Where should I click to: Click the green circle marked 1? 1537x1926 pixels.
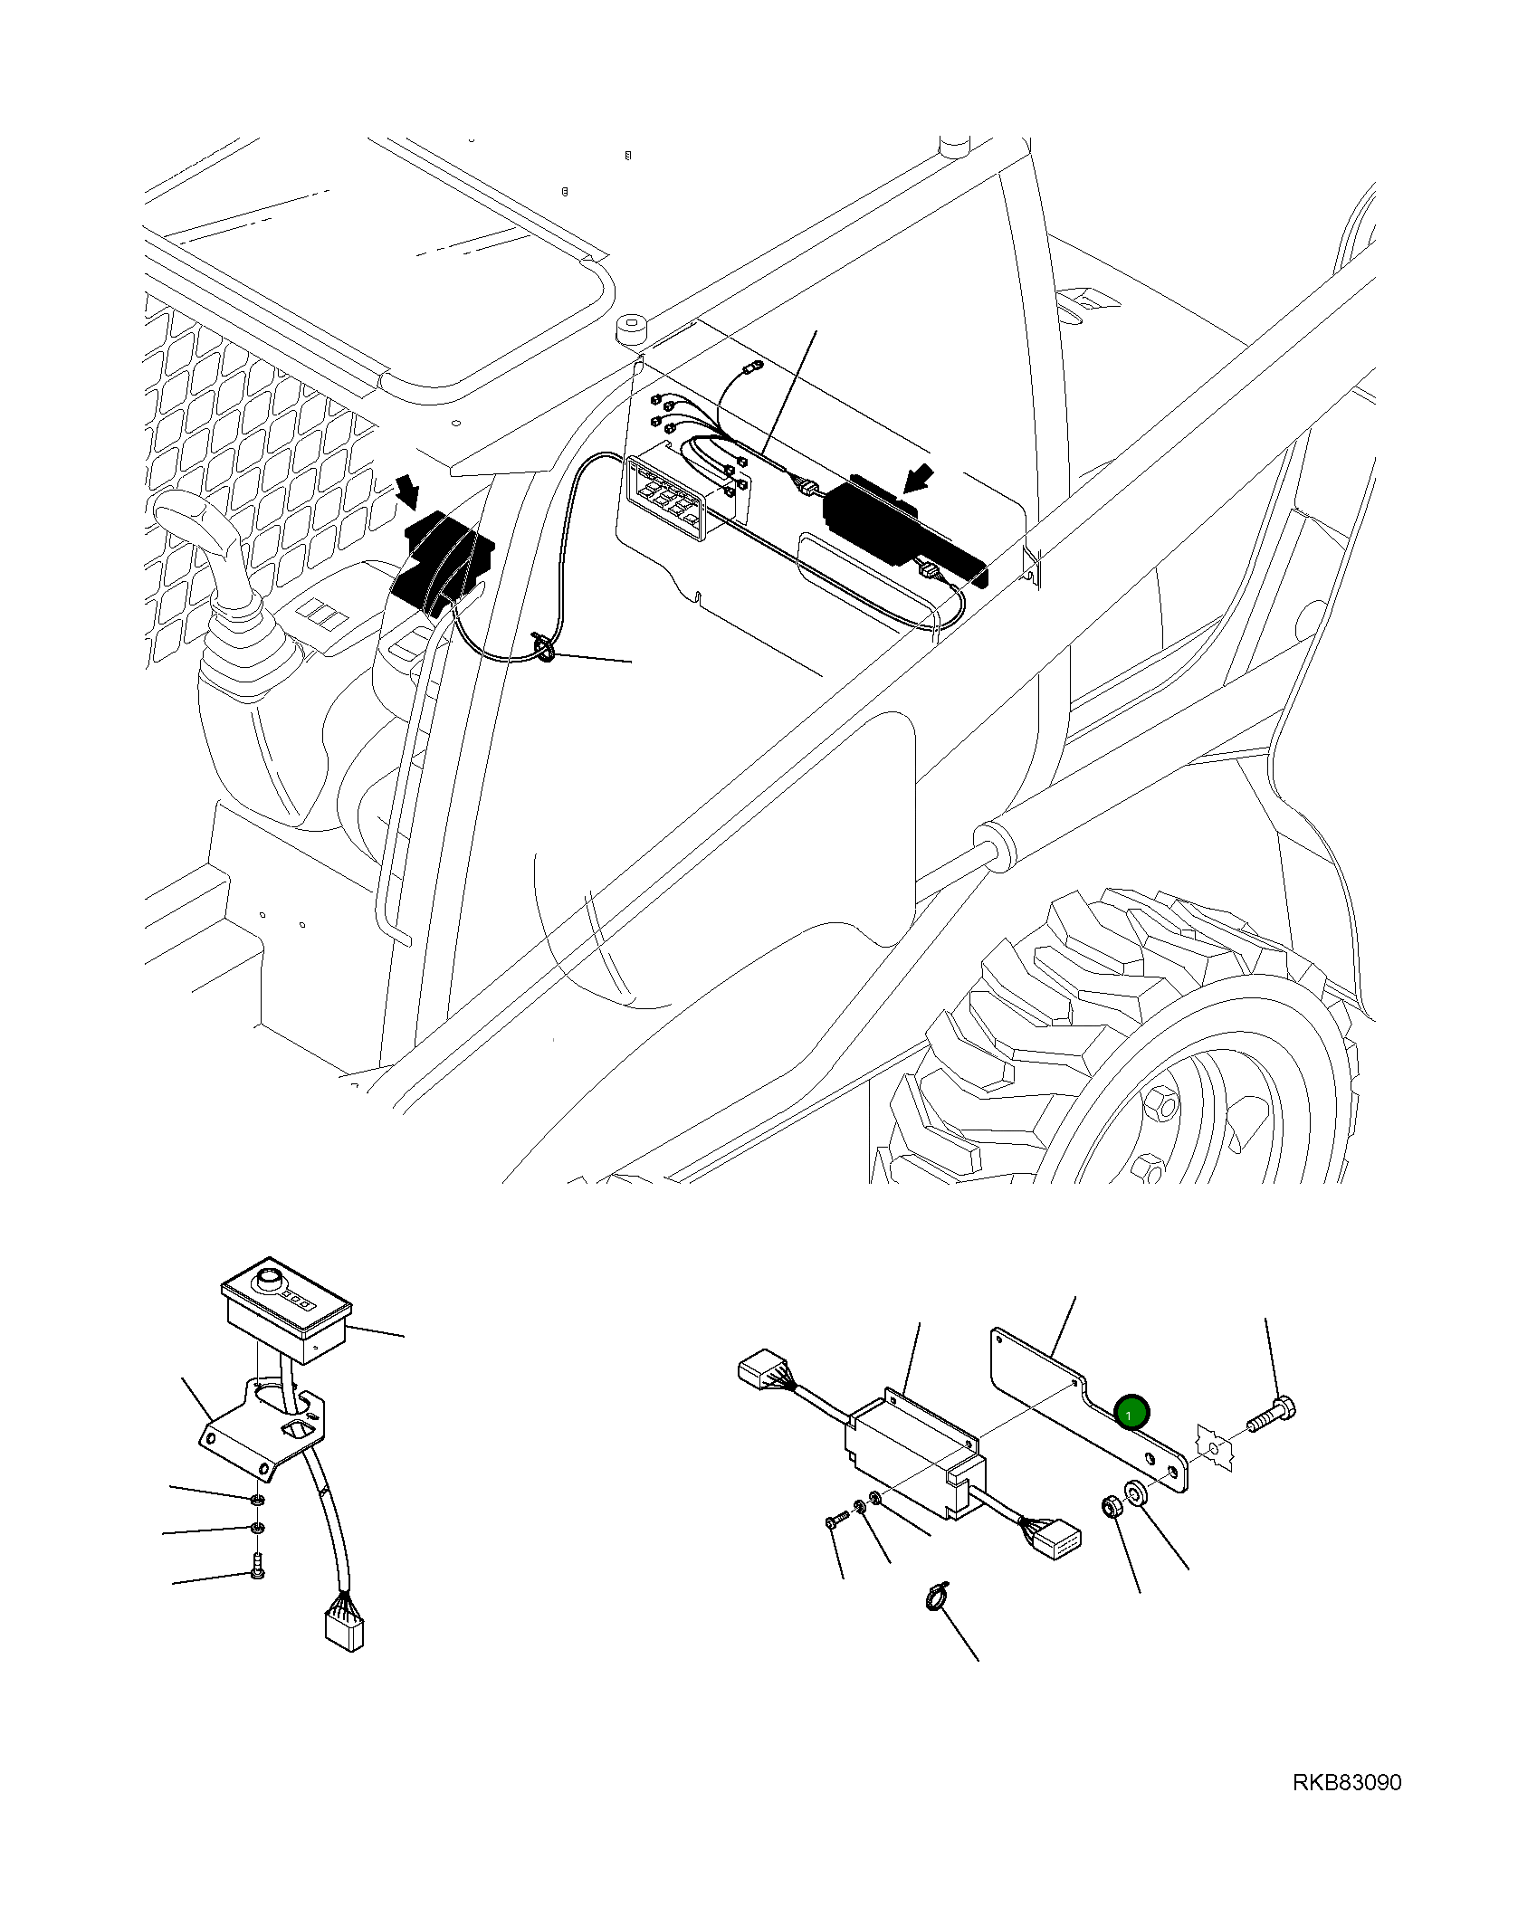[1131, 1413]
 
